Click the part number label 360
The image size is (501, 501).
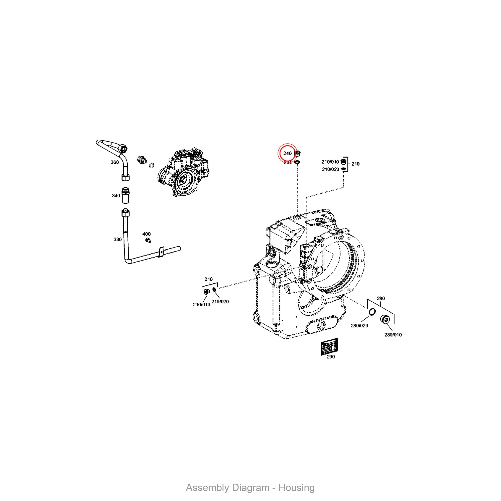point(115,162)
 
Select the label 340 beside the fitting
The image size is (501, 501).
point(116,196)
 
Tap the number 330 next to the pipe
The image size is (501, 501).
point(117,239)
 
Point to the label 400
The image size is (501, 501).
point(147,234)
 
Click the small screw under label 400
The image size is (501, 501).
point(148,241)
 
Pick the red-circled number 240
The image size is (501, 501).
point(287,153)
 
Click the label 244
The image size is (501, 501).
point(288,163)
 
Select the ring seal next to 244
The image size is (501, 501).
point(297,162)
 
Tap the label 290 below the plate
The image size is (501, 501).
point(331,356)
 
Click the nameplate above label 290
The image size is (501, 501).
point(329,346)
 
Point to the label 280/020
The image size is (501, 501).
point(359,325)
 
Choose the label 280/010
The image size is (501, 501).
point(393,335)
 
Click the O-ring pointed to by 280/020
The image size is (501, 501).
point(372,312)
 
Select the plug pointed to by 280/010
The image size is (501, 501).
point(386,319)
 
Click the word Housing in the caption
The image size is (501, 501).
point(296,487)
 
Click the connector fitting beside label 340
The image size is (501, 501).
point(126,195)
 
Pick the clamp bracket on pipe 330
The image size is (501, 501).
point(161,252)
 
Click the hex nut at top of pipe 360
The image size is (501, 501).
point(122,149)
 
